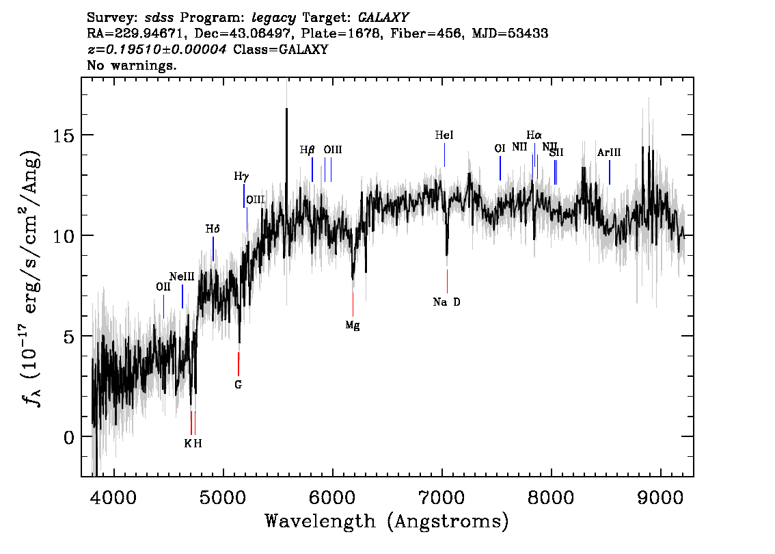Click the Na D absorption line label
click(447, 302)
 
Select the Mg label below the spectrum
click(353, 326)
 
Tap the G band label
click(238, 385)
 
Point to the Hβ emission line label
click(308, 149)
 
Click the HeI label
click(444, 135)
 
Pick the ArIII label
click(609, 153)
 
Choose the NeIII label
click(182, 276)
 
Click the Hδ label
click(213, 228)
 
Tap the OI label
click(500, 148)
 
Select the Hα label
click(534, 135)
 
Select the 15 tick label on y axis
click(65, 135)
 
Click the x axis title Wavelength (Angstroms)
click(387, 522)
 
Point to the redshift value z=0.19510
click(157, 50)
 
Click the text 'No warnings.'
click(132, 66)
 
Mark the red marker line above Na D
click(447, 281)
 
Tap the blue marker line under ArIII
click(610, 172)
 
